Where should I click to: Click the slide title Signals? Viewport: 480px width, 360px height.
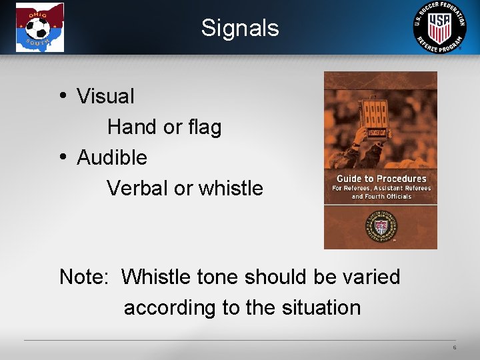[240, 28]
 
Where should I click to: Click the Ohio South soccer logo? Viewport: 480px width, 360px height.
[40, 27]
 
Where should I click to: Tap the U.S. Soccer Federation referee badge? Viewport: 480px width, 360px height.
[439, 27]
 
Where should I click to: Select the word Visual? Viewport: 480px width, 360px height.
[105, 97]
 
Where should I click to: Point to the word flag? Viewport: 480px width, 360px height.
[203, 127]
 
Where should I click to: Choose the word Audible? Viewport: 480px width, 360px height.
[112, 158]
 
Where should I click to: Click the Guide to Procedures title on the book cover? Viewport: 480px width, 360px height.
[381, 179]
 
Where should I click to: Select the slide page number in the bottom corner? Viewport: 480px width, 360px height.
[454, 348]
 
